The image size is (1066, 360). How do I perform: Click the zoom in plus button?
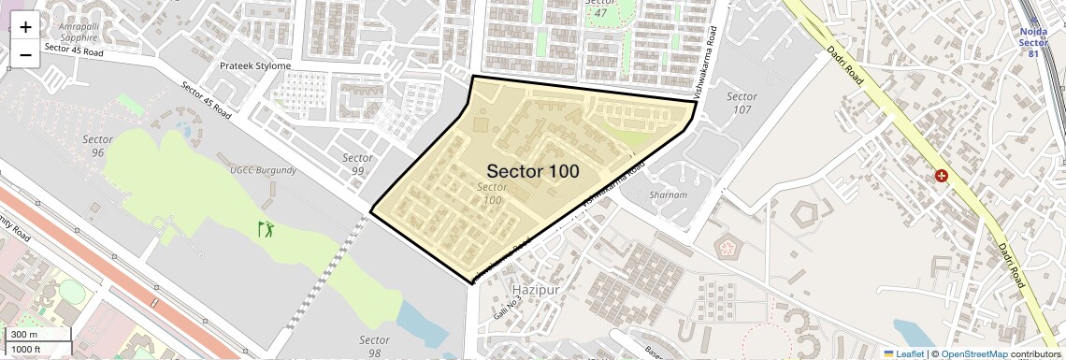pos(25,27)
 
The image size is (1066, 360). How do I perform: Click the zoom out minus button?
pos(25,54)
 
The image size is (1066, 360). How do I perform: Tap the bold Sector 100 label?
pos(532,171)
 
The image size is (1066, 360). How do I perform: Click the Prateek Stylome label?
pos(255,66)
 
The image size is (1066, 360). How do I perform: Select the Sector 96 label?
pos(97,145)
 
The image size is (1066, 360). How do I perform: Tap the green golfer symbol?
pos(267,227)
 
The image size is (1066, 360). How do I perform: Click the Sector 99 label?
pos(357,165)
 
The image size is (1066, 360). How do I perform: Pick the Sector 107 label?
pos(742,103)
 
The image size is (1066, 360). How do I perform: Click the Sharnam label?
pos(669,195)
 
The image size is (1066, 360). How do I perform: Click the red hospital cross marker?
pos(941,176)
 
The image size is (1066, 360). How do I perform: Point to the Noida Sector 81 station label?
pos(1032,42)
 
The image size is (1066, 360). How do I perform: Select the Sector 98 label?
pos(374,346)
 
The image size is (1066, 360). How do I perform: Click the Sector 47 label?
pos(597,8)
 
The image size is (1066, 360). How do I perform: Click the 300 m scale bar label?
pos(25,335)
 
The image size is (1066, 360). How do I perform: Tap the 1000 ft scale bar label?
pos(27,349)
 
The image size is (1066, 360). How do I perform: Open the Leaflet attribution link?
pos(905,353)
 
